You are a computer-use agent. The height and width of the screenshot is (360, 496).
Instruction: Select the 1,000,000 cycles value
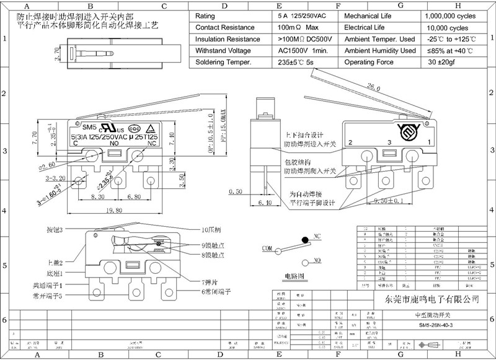(x=451, y=16)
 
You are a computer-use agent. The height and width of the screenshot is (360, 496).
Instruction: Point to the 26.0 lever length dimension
(x=373, y=88)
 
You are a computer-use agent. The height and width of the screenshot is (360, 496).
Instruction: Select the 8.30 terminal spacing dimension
(x=97, y=196)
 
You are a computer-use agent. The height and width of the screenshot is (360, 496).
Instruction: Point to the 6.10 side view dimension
(x=264, y=202)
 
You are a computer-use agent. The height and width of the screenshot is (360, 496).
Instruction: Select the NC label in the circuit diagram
(x=317, y=236)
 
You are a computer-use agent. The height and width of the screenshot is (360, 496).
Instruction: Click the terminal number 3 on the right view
(x=389, y=143)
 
